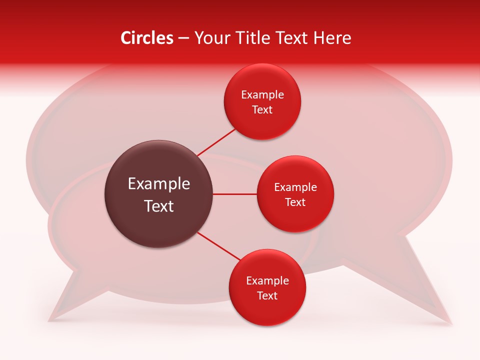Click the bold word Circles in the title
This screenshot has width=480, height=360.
click(147, 38)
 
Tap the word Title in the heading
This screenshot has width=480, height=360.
click(257, 38)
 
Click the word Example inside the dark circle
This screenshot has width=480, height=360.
click(159, 184)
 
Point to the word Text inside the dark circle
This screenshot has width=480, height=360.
click(159, 206)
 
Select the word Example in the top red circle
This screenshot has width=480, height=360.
click(262, 95)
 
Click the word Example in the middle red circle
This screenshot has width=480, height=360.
click(295, 187)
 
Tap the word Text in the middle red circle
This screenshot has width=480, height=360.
click(295, 202)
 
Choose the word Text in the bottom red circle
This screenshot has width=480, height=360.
click(267, 296)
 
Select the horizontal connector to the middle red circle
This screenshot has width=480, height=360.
click(235, 194)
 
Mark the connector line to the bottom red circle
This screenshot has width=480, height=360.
click(219, 246)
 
